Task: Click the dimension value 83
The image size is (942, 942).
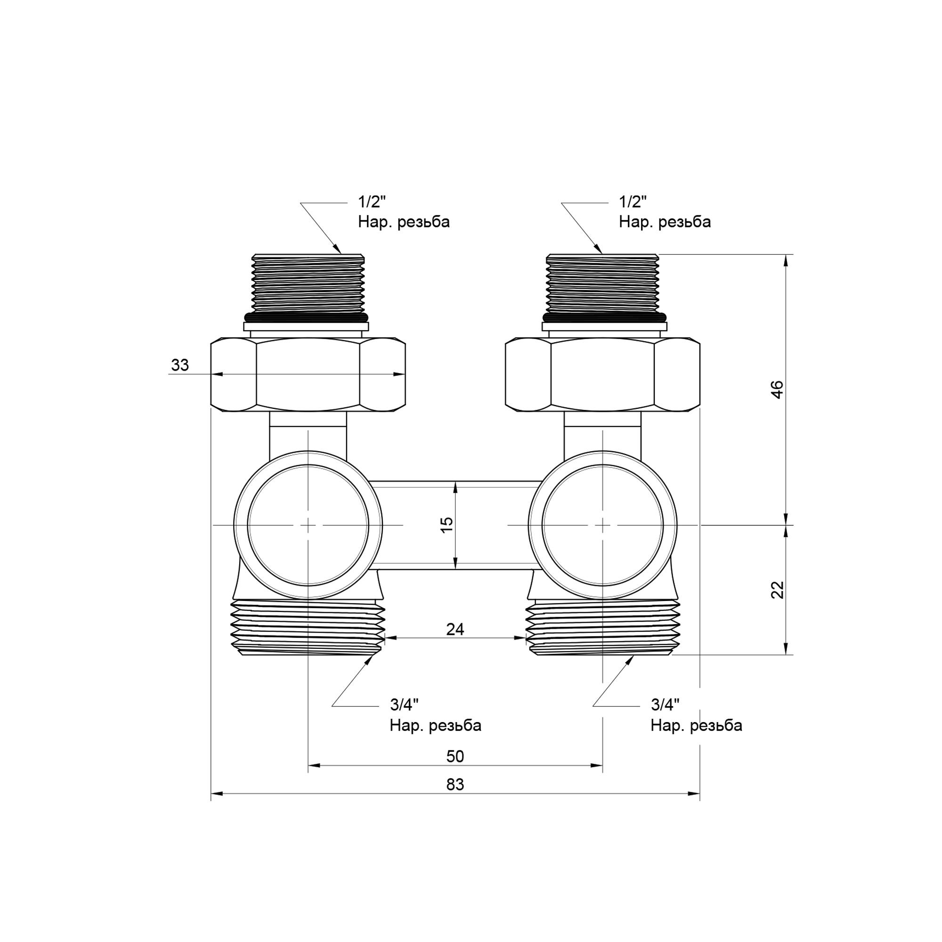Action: click(455, 785)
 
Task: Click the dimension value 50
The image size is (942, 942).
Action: click(455, 756)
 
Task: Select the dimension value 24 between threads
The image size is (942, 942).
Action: click(455, 629)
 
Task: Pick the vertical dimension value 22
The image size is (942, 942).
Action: click(778, 590)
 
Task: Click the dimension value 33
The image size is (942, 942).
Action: click(180, 365)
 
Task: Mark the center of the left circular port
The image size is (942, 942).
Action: click(308, 525)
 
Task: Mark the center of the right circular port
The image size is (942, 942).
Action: click(603, 525)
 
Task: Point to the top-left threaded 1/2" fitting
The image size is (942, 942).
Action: click(308, 283)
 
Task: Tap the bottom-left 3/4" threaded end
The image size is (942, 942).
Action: click(308, 629)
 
